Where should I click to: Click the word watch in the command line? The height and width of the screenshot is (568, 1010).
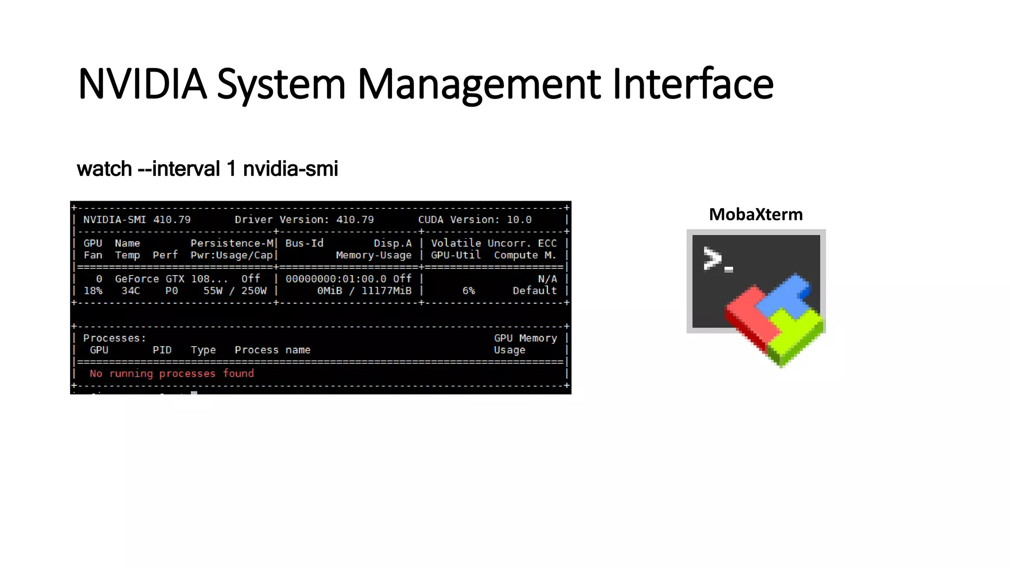click(x=104, y=169)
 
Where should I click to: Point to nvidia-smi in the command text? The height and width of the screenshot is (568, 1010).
click(x=290, y=169)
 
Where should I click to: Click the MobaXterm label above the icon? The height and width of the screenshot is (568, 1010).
click(x=756, y=214)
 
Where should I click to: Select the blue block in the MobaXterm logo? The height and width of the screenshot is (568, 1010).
click(x=784, y=296)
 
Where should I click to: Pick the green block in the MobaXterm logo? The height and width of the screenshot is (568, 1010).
click(x=796, y=335)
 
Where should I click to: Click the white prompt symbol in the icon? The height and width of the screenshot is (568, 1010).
click(x=713, y=258)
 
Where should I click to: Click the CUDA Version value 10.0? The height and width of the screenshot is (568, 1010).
click(x=519, y=220)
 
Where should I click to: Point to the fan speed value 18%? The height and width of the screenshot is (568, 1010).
click(x=93, y=291)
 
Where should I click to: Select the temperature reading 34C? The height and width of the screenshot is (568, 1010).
click(x=131, y=291)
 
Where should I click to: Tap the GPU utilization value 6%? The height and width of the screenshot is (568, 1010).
click(x=469, y=291)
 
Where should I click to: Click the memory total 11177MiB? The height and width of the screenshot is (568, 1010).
click(x=386, y=291)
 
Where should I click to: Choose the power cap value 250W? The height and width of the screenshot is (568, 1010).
click(x=254, y=291)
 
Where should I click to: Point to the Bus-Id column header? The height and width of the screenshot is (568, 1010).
click(x=304, y=244)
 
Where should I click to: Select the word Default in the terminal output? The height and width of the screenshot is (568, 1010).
click(x=535, y=291)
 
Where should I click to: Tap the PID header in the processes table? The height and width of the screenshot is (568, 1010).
click(x=162, y=350)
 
